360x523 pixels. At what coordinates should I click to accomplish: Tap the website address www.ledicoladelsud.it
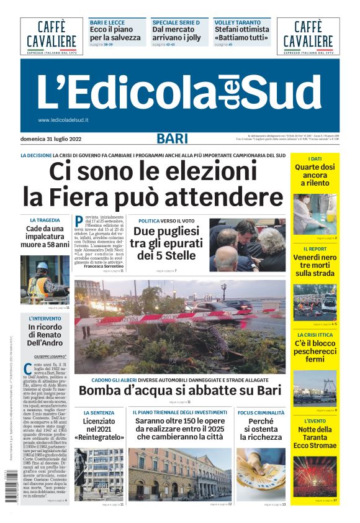pyautogui.click(x=63, y=120)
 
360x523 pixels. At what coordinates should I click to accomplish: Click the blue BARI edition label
pyautogui.click(x=172, y=139)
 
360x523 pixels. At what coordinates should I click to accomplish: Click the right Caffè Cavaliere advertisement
pyautogui.click(x=308, y=36)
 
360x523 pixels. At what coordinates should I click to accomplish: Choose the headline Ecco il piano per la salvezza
pyautogui.click(x=115, y=34)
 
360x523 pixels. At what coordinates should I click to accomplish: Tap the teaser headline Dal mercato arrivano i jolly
pyautogui.click(x=178, y=34)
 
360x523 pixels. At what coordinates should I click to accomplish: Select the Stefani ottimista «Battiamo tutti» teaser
pyautogui.click(x=241, y=34)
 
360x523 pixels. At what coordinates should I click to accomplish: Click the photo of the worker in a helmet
pyautogui.click(x=45, y=280)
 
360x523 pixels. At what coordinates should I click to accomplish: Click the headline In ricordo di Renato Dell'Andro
pyautogui.click(x=45, y=335)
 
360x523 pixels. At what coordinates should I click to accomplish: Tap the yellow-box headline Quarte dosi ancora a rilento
pyautogui.click(x=315, y=175)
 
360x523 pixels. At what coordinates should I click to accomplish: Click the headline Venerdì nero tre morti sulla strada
pyautogui.click(x=315, y=265)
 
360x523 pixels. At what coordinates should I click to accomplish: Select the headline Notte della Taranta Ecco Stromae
pyautogui.click(x=315, y=437)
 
